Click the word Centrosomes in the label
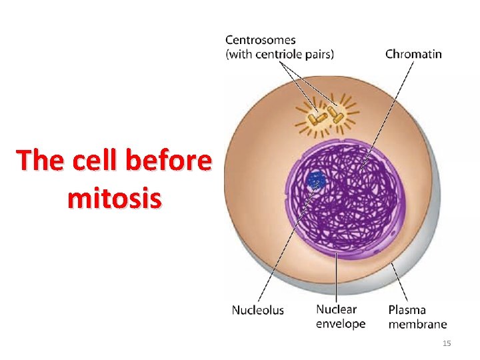261,41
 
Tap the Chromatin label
413,54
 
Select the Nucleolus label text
258,310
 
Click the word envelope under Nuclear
341,324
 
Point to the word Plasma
407,310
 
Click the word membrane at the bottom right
418,324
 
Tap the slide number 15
447,343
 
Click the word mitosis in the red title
114,198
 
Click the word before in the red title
170,161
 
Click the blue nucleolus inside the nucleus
315,179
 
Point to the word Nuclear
336,310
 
